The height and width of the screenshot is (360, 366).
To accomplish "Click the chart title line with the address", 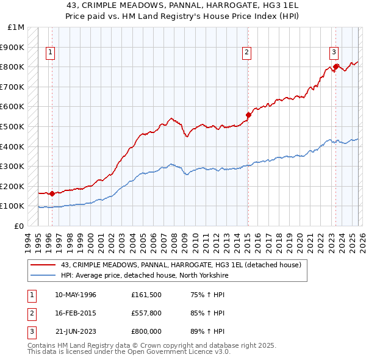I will [x=183, y=5].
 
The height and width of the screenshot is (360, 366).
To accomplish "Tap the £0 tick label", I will [x=20, y=226].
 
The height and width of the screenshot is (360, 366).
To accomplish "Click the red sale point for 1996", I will [x=52, y=194].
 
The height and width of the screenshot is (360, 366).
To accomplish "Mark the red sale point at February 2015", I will [x=248, y=115].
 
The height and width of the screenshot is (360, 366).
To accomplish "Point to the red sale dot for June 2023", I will [x=335, y=67].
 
